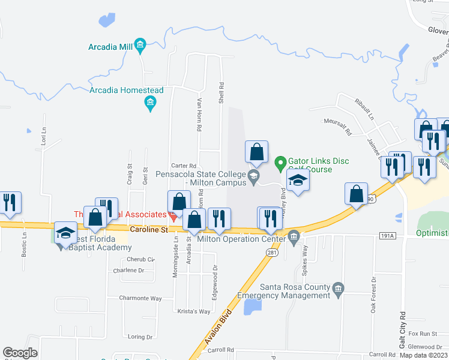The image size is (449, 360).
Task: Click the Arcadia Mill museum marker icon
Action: click(x=140, y=44)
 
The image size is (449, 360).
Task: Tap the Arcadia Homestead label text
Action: click(x=126, y=91)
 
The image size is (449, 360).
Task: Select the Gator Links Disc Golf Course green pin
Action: click(x=280, y=162)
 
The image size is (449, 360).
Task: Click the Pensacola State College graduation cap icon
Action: click(x=254, y=175)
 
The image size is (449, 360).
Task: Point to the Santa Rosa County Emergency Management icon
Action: click(x=338, y=289)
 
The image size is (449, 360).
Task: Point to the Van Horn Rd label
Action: click(x=198, y=115)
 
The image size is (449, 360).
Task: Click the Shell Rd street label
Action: click(x=221, y=93)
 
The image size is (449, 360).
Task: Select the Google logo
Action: click(x=20, y=353)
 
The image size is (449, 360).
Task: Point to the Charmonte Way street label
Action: click(x=140, y=298)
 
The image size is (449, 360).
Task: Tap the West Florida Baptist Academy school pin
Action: click(x=65, y=233)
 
